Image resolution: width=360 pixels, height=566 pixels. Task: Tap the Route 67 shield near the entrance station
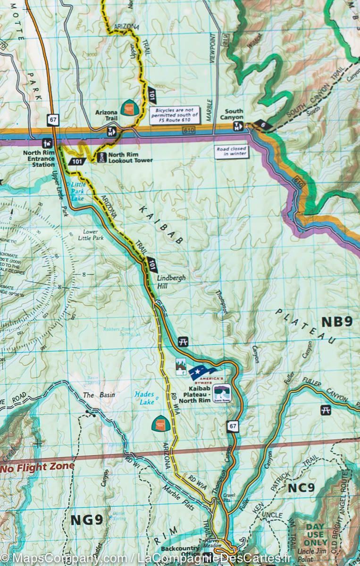click(52, 120)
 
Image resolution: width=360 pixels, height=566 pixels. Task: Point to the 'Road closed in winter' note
click(231, 151)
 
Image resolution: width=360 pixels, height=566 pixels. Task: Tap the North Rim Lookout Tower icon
click(101, 158)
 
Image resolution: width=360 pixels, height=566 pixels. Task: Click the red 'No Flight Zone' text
click(37, 467)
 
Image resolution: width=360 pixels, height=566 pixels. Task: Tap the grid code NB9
click(336, 322)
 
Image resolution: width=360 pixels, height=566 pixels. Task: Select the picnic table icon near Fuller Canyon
click(325, 410)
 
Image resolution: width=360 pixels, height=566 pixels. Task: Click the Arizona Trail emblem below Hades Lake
click(159, 423)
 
